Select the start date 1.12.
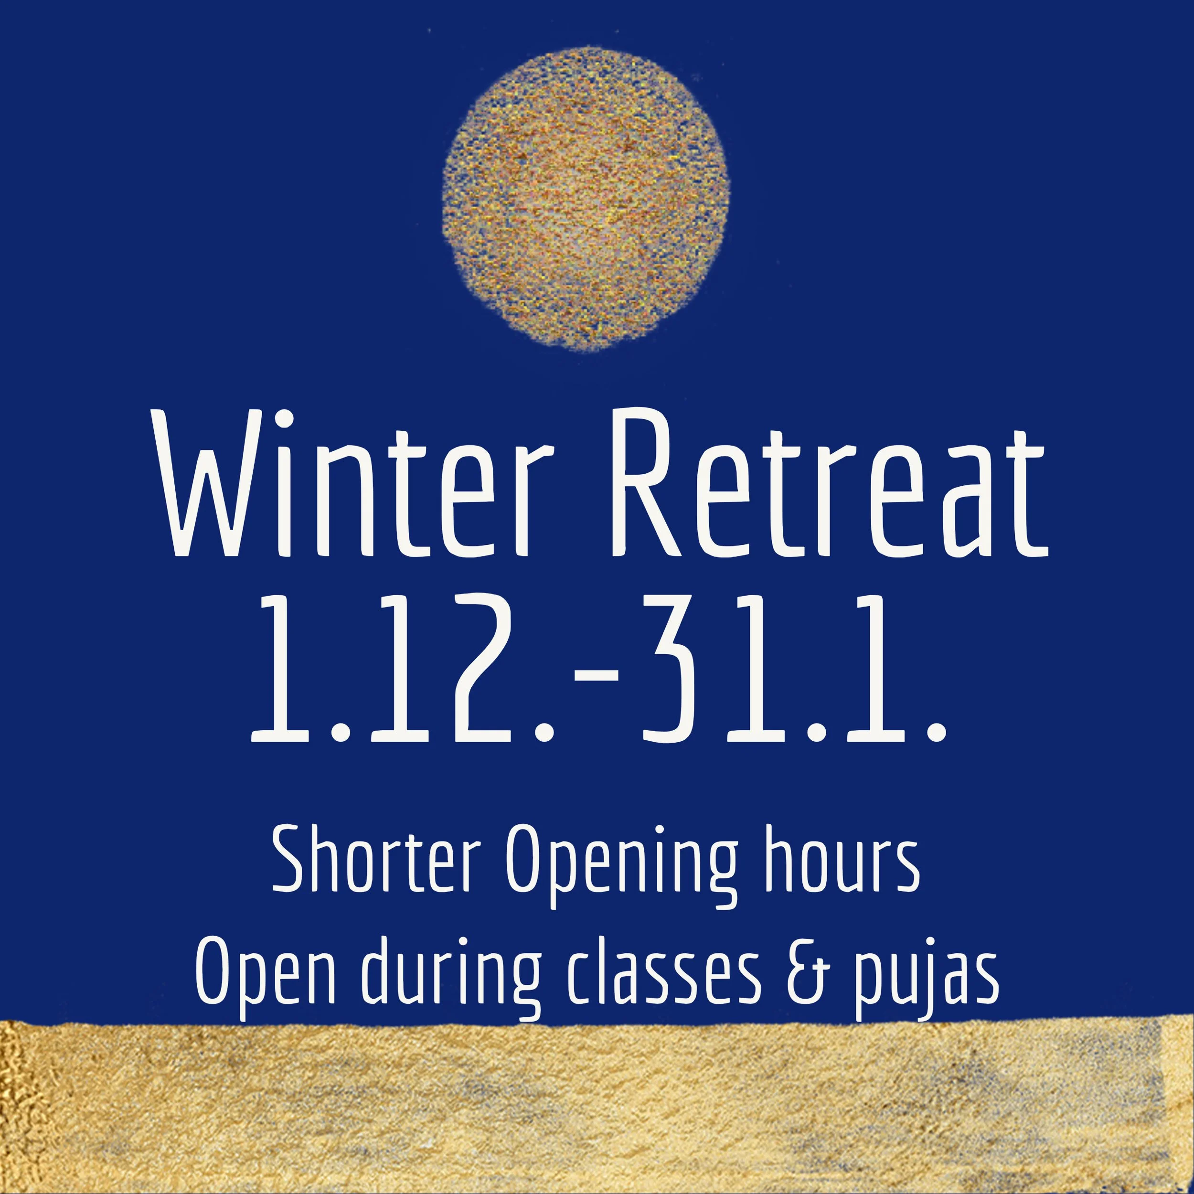point(402,671)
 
